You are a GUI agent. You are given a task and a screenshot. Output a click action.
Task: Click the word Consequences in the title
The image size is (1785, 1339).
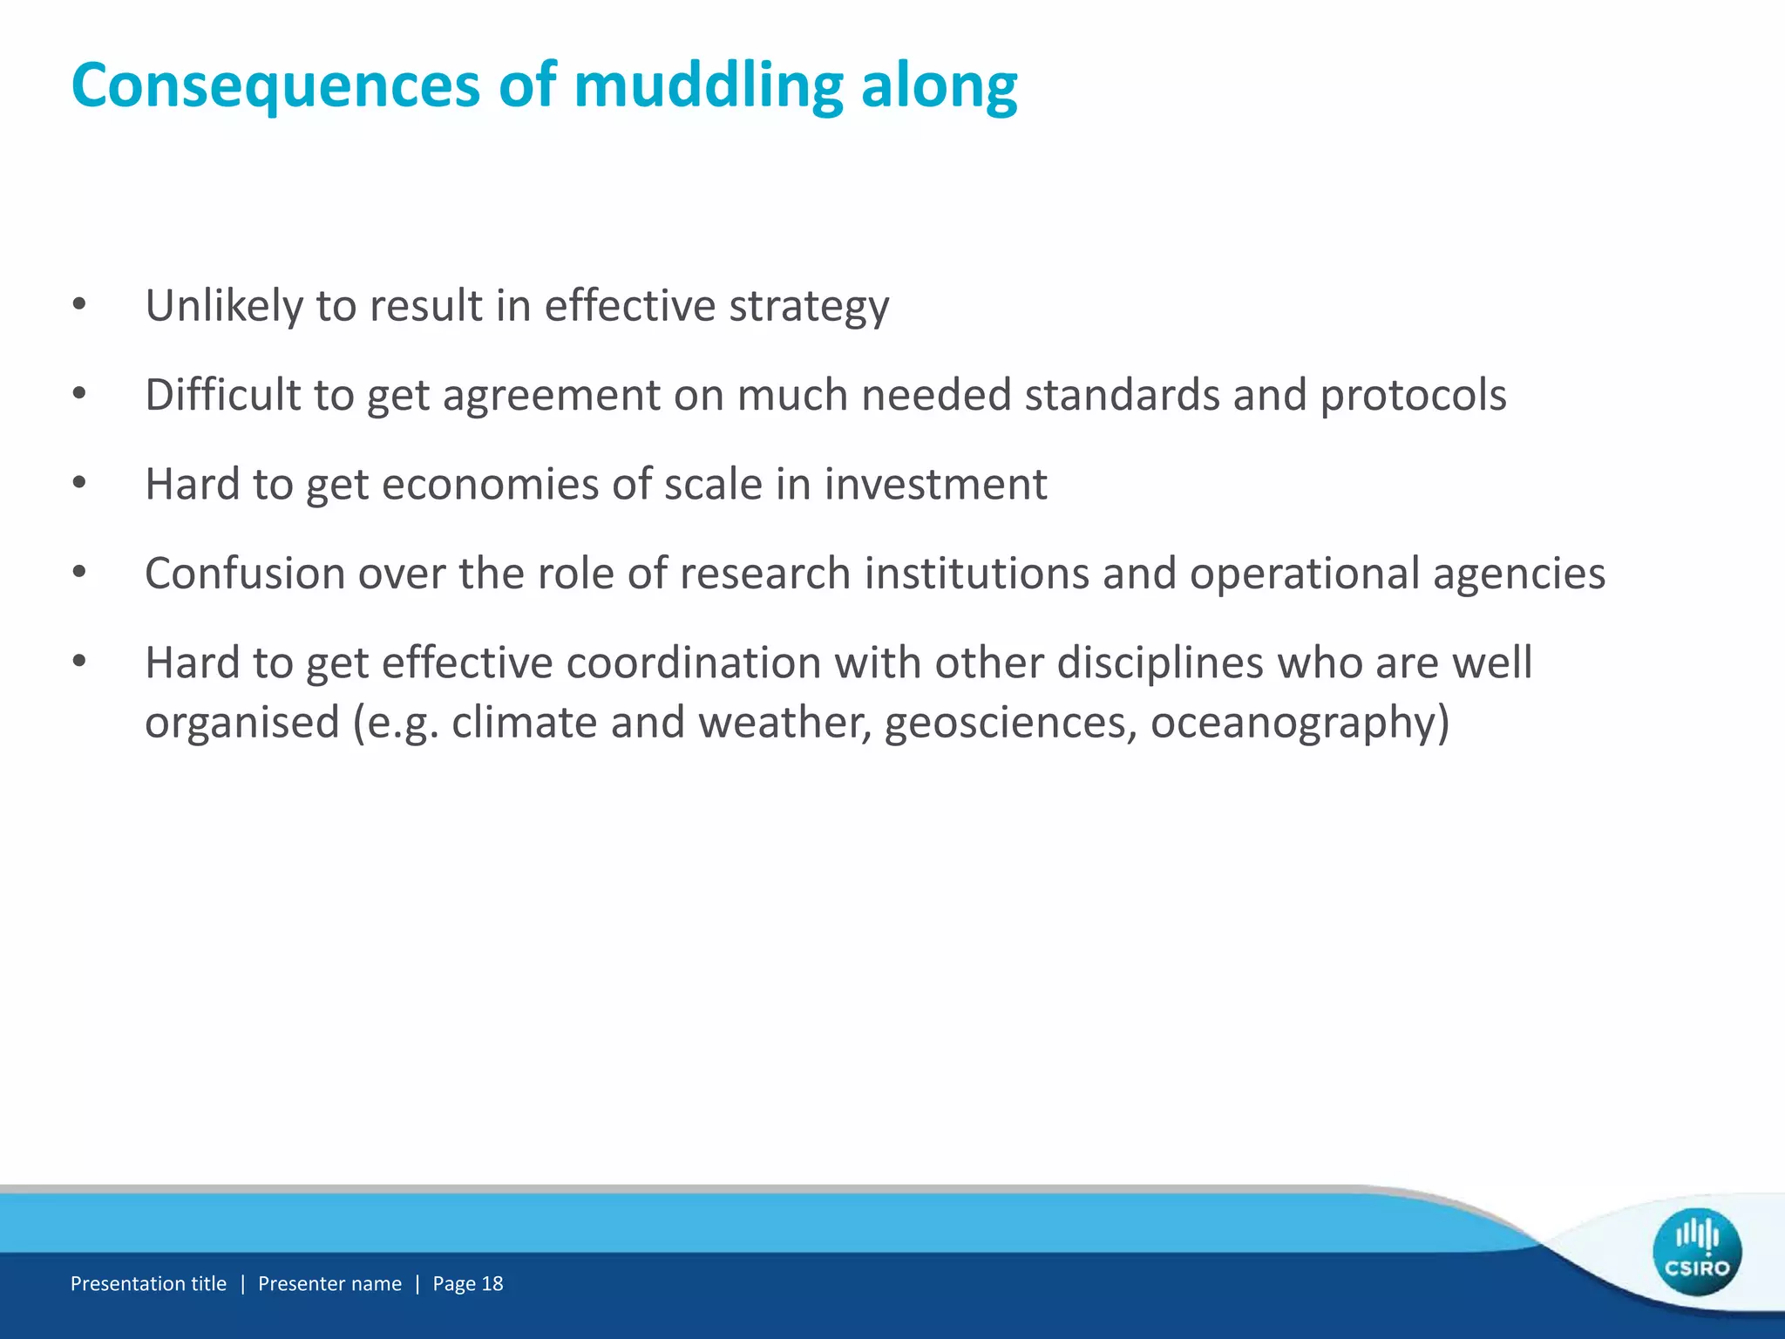point(275,85)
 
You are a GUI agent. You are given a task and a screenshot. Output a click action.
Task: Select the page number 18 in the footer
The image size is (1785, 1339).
point(492,1283)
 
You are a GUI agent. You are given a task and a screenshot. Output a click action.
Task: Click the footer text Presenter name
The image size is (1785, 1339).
point(329,1283)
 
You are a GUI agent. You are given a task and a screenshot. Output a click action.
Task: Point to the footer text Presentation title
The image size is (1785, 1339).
point(148,1283)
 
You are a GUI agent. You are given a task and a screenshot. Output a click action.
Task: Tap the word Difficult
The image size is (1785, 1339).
point(223,395)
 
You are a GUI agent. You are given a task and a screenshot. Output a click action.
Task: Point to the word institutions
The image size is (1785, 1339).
point(976,574)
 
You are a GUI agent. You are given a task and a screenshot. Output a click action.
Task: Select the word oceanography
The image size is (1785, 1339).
point(1300,724)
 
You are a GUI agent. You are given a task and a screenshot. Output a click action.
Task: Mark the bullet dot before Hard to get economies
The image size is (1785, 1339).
point(79,483)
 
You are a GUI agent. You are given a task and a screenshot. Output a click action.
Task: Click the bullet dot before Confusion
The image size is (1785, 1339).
point(79,573)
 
